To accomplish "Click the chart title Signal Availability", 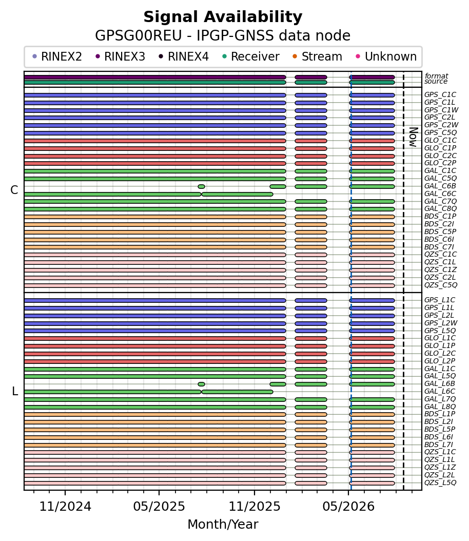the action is tap(223, 17).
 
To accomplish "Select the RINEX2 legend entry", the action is tap(57, 56).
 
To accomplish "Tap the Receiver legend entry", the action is tap(251, 56).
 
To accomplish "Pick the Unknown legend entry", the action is tap(386, 56).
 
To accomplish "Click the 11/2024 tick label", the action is tap(65, 507).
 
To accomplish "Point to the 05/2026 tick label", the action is tap(348, 507).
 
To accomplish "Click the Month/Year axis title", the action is tap(223, 525).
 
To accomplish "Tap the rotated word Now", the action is tap(413, 137).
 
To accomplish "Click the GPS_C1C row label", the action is tap(440, 94).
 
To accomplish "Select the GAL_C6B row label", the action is tap(440, 186).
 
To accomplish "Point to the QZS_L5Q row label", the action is tap(440, 482).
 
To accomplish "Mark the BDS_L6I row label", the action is tap(439, 437).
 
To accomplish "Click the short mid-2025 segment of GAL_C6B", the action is tap(201, 187).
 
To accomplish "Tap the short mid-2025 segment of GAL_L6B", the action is tap(201, 384).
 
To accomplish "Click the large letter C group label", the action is tap(14, 190).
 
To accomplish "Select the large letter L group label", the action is tap(15, 391).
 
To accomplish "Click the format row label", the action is tap(437, 76).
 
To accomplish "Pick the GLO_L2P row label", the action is tap(440, 361).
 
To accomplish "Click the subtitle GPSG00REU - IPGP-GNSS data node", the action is tap(223, 35).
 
